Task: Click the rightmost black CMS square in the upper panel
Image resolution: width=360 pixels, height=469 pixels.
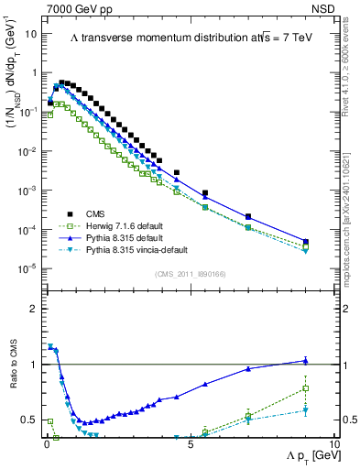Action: click(306, 243)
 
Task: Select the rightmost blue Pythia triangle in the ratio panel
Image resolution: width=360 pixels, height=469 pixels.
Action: click(306, 361)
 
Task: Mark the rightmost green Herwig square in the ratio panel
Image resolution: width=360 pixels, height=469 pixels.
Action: click(306, 388)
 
